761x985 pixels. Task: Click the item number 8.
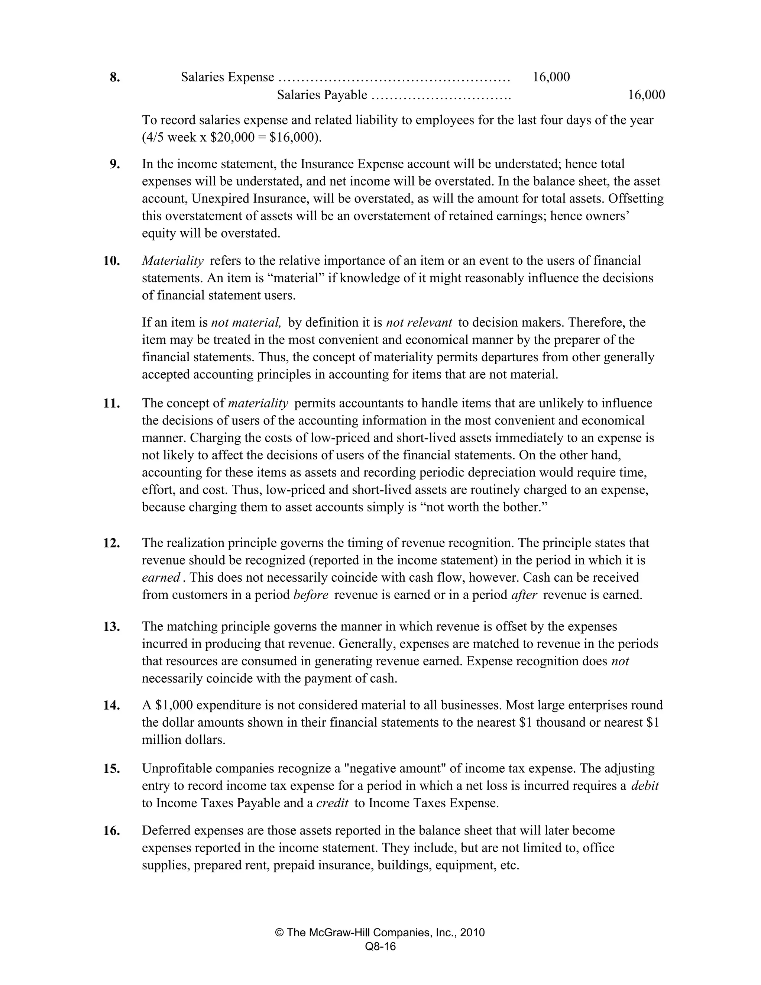pyautogui.click(x=114, y=78)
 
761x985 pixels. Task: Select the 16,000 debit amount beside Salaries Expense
pyautogui.click(x=551, y=77)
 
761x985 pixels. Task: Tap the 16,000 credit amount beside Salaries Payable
pyautogui.click(x=646, y=95)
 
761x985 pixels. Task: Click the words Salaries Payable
pyautogui.click(x=322, y=95)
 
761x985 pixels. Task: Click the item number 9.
pyautogui.click(x=114, y=164)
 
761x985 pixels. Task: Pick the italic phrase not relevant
pyautogui.click(x=419, y=323)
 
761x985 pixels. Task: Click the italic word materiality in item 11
pyautogui.click(x=258, y=403)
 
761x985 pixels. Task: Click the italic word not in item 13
pyautogui.click(x=620, y=661)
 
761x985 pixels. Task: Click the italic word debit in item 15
pyautogui.click(x=645, y=786)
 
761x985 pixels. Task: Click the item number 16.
pyautogui.click(x=111, y=830)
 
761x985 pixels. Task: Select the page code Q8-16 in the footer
pyautogui.click(x=380, y=947)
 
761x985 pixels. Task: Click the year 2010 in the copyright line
pyautogui.click(x=473, y=933)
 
